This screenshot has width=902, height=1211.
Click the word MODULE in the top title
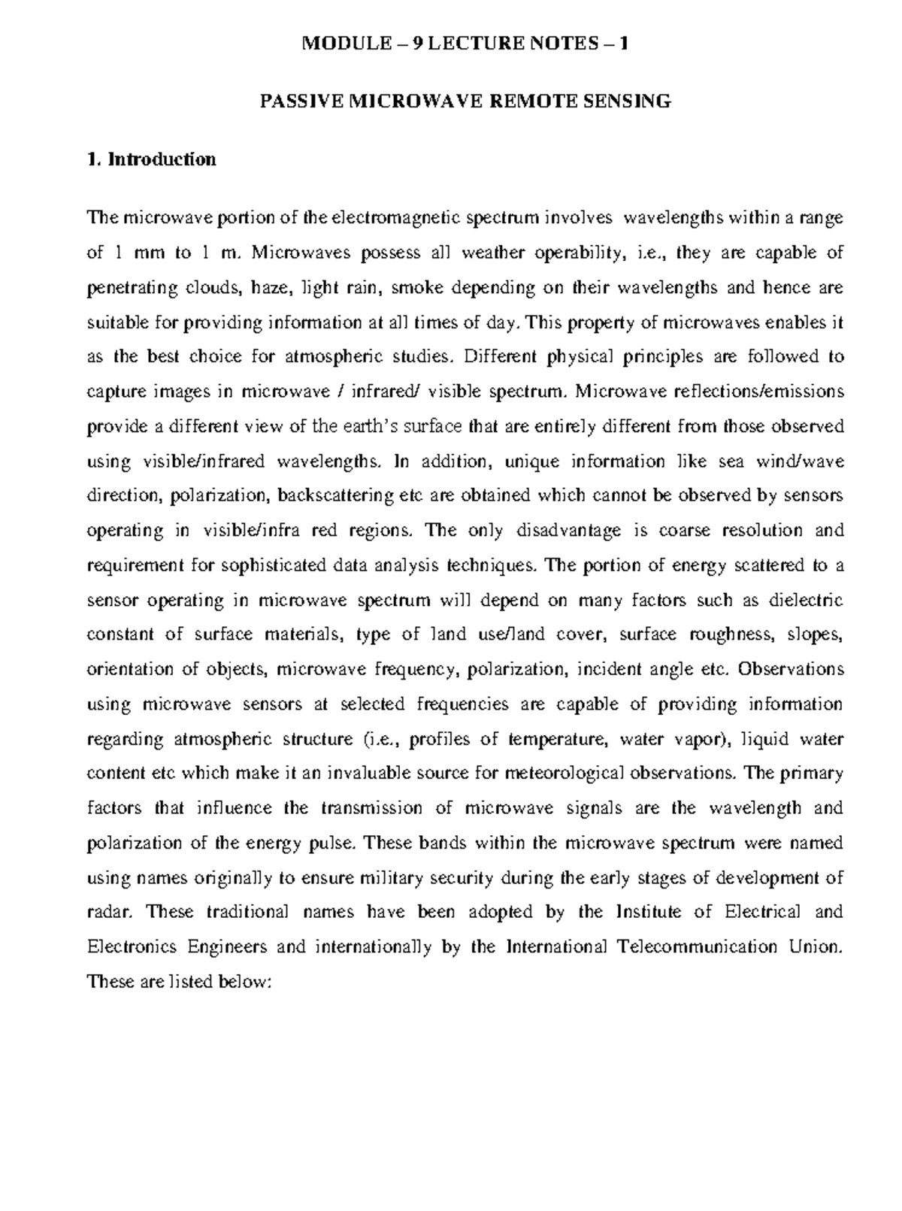[x=335, y=44]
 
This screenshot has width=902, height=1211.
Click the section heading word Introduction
[x=162, y=159]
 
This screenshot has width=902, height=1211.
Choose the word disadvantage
[x=569, y=531]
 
